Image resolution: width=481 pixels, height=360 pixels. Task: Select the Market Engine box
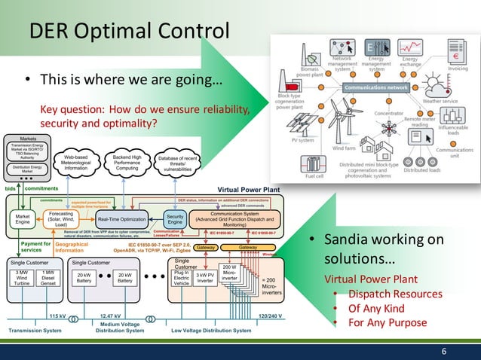(x=23, y=219)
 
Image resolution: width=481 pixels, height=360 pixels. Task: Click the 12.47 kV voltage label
(x=112, y=316)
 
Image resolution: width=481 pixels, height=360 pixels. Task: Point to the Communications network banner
(x=377, y=88)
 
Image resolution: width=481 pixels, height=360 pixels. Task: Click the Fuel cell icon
(x=311, y=164)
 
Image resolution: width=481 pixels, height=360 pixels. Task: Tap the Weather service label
(x=440, y=100)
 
